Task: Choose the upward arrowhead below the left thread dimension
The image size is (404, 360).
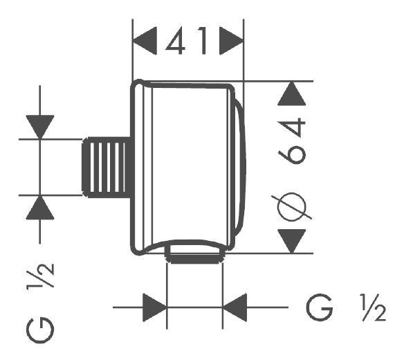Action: (x=39, y=207)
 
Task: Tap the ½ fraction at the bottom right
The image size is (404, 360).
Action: (x=373, y=307)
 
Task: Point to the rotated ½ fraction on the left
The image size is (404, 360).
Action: (x=41, y=276)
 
